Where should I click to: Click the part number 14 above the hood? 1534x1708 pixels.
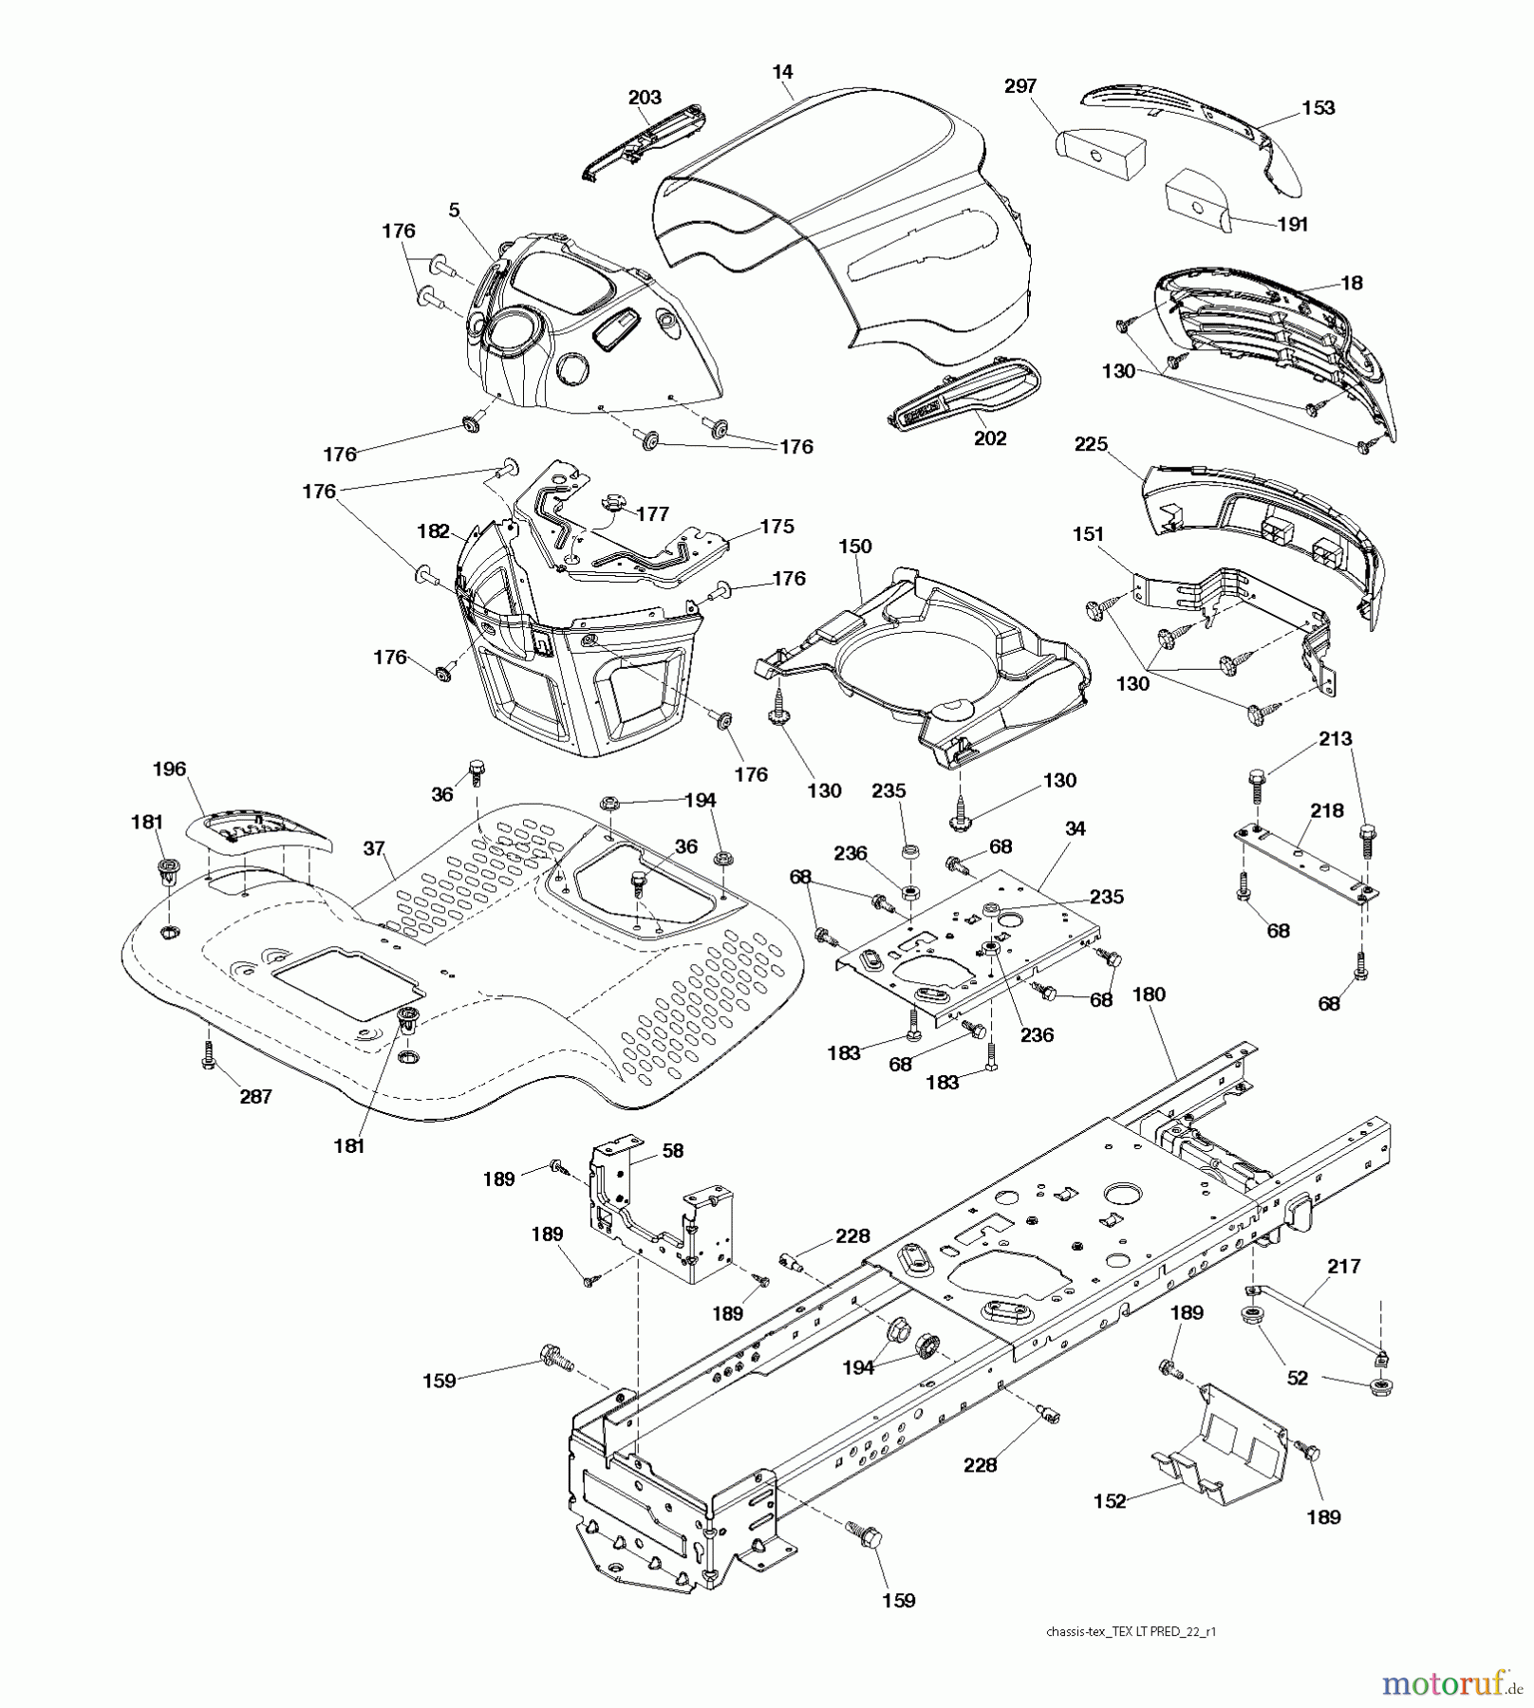click(x=782, y=71)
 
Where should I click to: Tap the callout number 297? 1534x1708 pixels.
click(x=1020, y=86)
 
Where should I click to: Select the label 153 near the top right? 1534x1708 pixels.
click(x=1318, y=108)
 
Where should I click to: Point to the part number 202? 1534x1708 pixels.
click(x=989, y=438)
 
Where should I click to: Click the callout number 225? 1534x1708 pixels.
click(x=1091, y=444)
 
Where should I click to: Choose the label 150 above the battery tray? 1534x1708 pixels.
click(x=854, y=547)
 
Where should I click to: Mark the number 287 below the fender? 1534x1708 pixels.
click(x=255, y=1097)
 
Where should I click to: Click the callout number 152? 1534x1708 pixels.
click(x=1109, y=1501)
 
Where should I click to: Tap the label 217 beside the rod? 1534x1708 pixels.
click(x=1343, y=1266)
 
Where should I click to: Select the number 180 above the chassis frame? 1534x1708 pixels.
click(x=1149, y=994)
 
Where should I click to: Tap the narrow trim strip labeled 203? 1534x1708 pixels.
click(x=645, y=142)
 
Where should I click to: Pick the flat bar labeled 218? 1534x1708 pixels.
click(x=1306, y=862)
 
